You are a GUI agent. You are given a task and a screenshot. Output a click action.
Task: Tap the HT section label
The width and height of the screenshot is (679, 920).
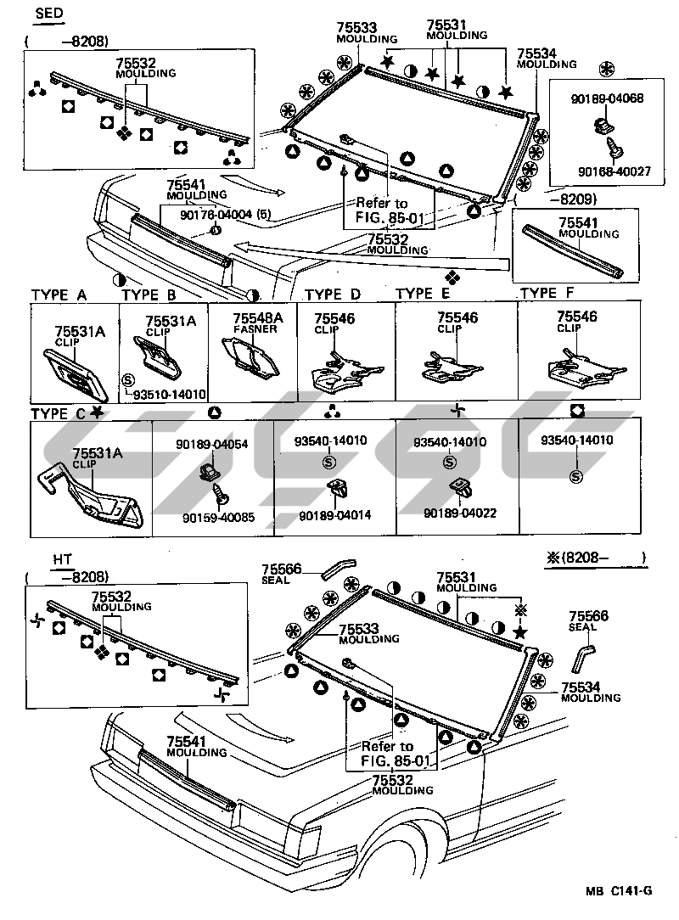(62, 559)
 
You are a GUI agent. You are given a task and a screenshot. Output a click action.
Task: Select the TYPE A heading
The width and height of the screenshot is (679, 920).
(59, 295)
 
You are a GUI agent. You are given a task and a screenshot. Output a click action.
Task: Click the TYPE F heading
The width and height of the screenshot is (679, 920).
(551, 294)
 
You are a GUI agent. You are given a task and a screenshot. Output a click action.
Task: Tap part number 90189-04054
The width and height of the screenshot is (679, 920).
(211, 445)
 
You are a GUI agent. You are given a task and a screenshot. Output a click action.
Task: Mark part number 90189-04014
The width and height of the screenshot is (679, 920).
(334, 515)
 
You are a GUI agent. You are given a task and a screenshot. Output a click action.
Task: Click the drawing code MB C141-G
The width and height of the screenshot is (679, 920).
(617, 890)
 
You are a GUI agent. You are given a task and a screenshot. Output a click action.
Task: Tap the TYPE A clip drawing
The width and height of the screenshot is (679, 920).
(75, 370)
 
